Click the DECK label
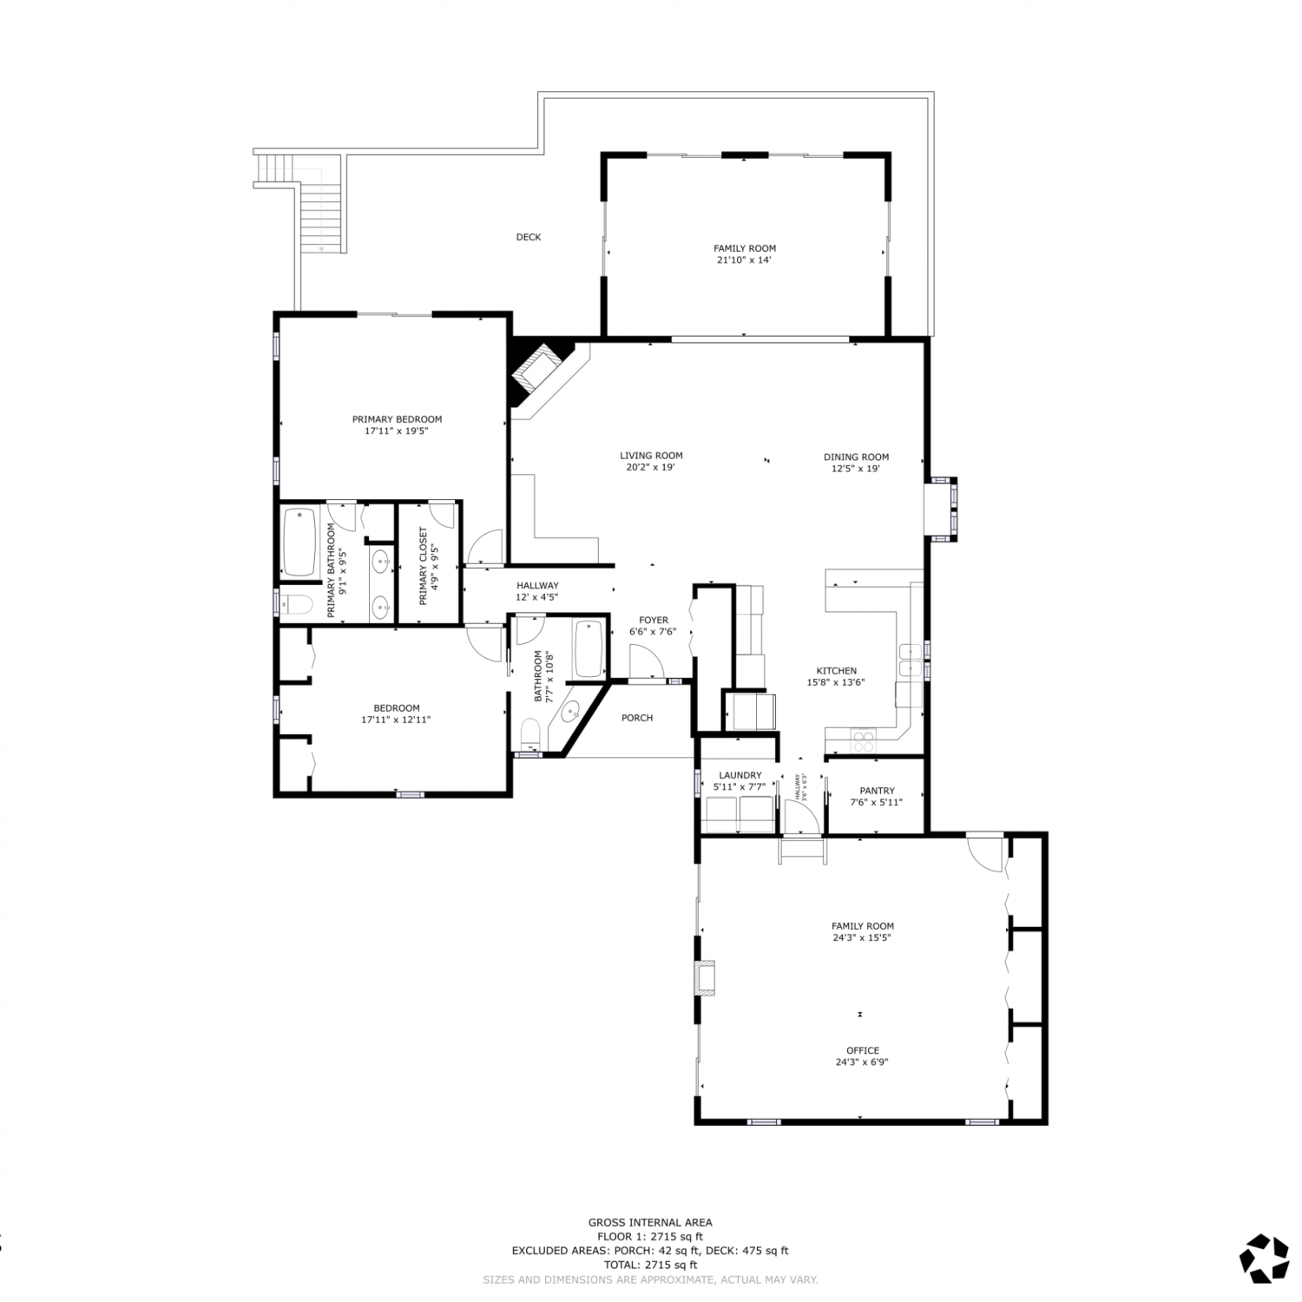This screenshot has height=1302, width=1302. tap(529, 237)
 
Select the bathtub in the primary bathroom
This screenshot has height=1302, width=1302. tap(299, 542)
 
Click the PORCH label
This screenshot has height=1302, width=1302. tap(637, 718)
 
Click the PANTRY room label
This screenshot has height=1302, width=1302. tap(877, 791)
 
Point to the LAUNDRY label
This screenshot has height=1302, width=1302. tap(740, 775)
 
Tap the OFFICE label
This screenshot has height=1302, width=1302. tap(863, 1050)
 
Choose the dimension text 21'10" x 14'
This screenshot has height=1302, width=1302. tap(745, 259)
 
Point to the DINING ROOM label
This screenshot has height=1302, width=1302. tap(857, 457)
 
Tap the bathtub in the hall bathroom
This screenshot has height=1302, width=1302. tap(589, 649)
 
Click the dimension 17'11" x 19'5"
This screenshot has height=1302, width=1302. tap(397, 430)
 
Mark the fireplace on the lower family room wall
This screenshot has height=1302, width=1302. tap(707, 976)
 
